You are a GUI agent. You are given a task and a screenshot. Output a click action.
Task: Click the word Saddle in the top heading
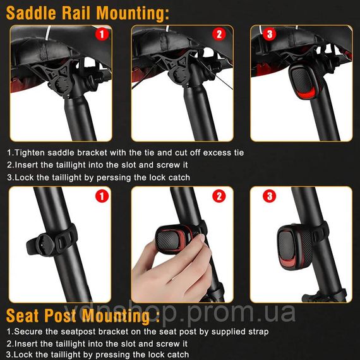click(31, 13)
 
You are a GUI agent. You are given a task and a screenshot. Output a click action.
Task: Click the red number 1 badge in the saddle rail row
click(102, 35)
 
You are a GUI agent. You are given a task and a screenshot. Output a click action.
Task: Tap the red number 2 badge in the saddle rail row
click(219, 35)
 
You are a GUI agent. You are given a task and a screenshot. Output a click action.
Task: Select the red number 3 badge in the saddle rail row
click(270, 35)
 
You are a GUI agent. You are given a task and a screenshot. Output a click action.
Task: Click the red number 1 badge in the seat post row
click(102, 196)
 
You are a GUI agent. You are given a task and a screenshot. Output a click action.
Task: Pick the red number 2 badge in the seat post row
click(219, 196)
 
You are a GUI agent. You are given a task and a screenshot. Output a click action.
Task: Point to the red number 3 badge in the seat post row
click(270, 196)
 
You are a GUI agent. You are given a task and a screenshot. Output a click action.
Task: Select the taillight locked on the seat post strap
click(295, 247)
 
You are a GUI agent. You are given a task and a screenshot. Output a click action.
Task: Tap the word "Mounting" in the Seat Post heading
click(116, 316)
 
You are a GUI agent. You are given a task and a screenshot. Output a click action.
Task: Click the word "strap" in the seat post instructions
click(258, 332)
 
